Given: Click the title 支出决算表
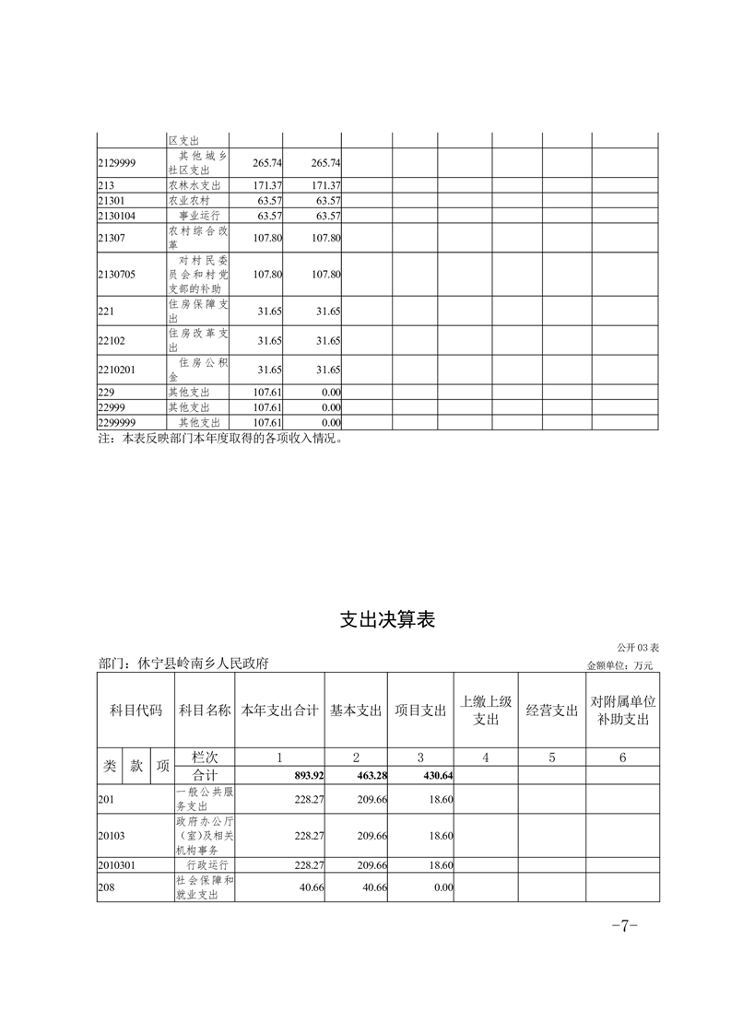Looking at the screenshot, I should [387, 620].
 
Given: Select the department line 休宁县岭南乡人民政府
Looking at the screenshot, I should [183, 664].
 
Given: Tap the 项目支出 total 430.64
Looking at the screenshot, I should [435, 775].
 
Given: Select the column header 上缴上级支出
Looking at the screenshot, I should [485, 711].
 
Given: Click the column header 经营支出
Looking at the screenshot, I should [551, 711].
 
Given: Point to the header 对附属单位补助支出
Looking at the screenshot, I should [623, 711].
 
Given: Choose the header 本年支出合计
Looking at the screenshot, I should [280, 711].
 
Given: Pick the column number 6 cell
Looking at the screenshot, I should [623, 758].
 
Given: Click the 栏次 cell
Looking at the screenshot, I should [205, 758].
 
